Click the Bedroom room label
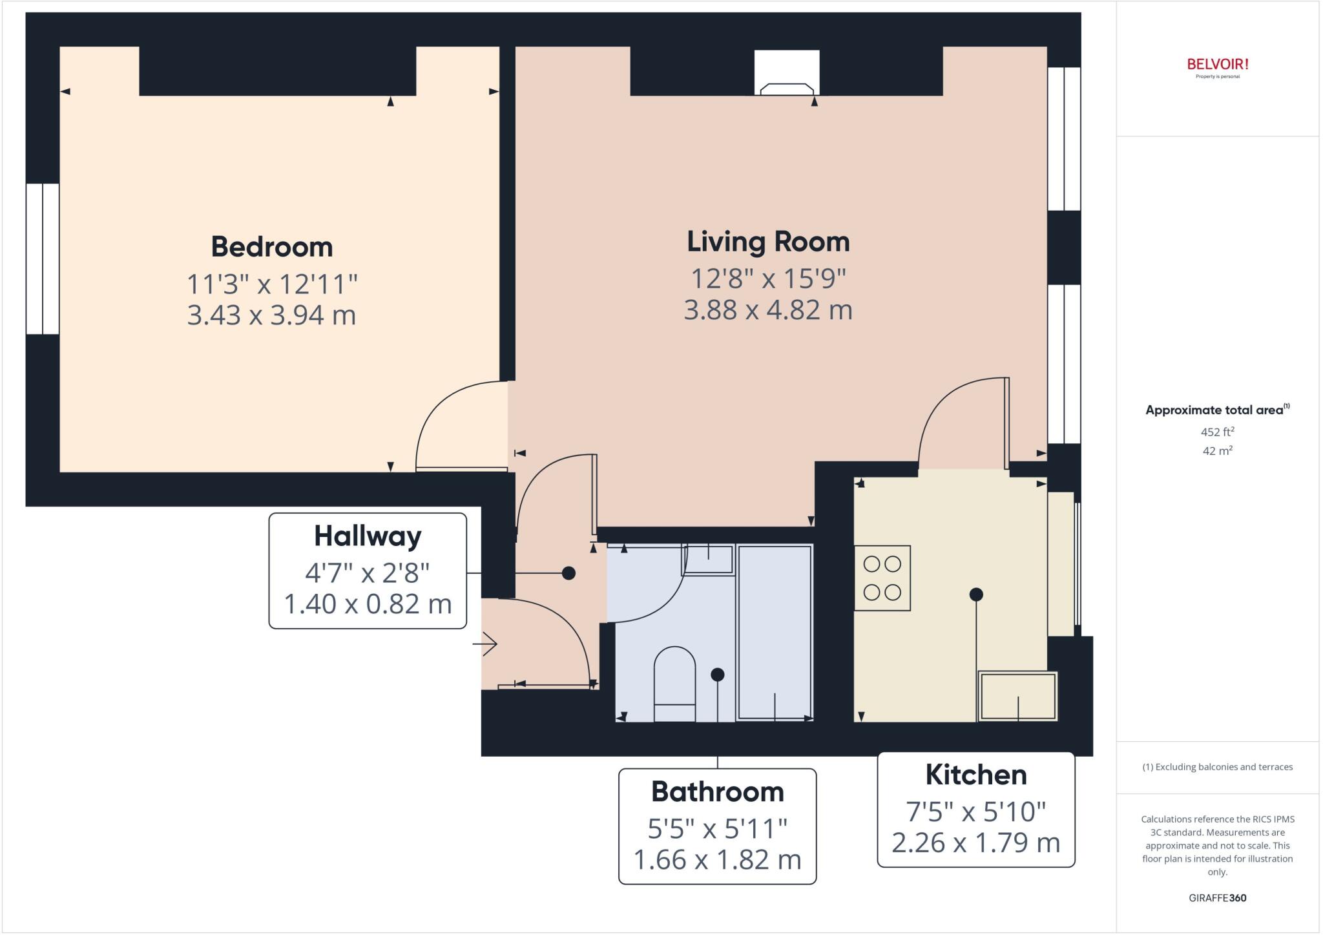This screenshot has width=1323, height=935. [x=271, y=247]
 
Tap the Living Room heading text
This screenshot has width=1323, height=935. [x=767, y=242]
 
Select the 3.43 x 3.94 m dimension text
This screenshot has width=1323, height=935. [x=271, y=315]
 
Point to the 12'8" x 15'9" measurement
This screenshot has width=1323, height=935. [x=767, y=278]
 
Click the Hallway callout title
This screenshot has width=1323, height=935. [x=368, y=536]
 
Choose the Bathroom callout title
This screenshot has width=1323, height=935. [x=717, y=792]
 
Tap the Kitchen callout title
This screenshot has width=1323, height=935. [x=975, y=775]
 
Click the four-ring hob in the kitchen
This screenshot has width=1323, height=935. [x=882, y=578]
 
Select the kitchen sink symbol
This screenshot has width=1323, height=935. [x=1017, y=697]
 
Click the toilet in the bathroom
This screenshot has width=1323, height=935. [x=674, y=684]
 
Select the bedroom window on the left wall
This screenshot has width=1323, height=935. [x=43, y=258]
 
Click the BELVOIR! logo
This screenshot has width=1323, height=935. [x=1217, y=65]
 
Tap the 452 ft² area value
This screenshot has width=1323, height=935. [x=1217, y=432]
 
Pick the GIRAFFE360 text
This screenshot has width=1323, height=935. [x=1217, y=898]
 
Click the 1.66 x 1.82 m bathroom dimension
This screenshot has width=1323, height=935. [x=717, y=860]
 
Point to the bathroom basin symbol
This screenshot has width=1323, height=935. [x=708, y=559]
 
